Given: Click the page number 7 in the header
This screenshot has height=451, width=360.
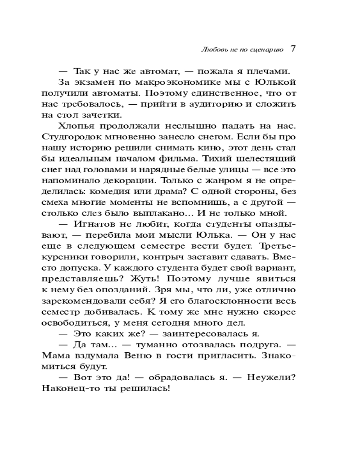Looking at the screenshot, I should point(292,49).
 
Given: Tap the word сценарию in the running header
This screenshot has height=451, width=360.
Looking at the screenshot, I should point(265,50).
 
